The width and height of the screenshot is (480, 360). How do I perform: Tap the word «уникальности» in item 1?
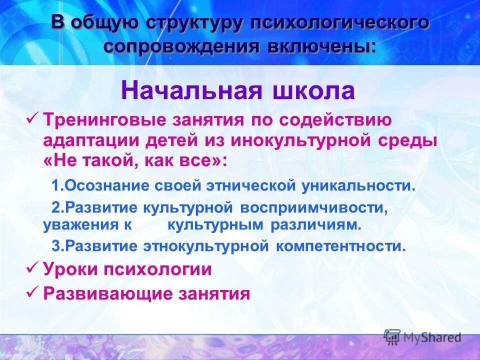point(358,186)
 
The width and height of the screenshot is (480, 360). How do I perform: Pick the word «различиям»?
point(315,225)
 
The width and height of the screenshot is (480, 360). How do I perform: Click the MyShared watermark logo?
point(422,337)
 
